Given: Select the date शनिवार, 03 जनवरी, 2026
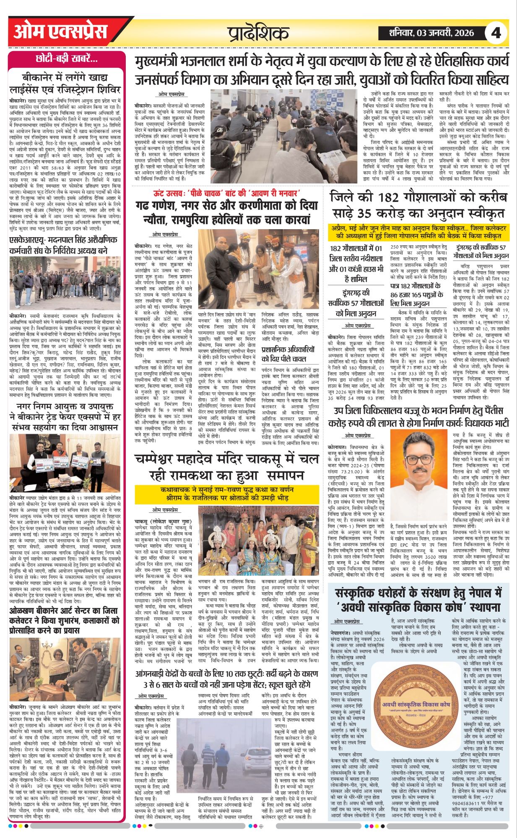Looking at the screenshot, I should tap(431, 33).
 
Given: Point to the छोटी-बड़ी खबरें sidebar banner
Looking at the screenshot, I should tap(67, 59).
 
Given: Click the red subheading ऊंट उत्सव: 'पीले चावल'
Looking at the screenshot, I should tap(226, 193).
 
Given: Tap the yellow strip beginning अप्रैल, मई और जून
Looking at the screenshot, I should tap(418, 231).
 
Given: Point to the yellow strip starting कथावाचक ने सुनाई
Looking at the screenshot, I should tap(227, 494).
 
